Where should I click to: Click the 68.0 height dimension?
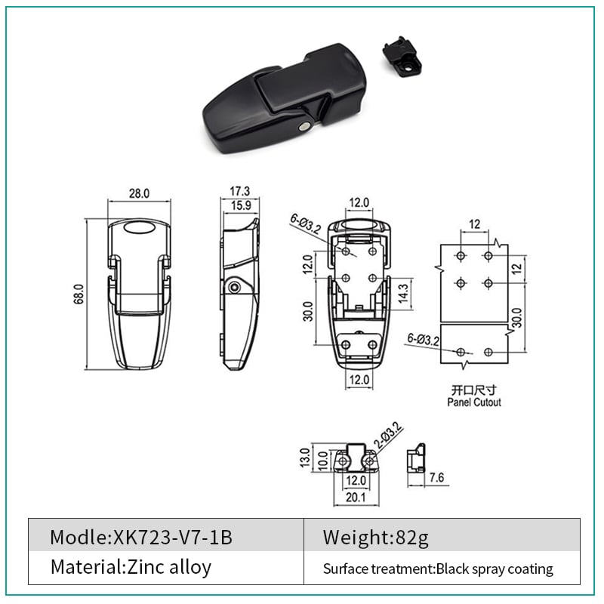[x=79, y=294]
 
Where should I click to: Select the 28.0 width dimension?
[x=139, y=193]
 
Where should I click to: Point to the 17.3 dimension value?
[x=239, y=191]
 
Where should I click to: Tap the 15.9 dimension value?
[x=241, y=205]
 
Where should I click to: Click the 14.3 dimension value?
[x=403, y=293]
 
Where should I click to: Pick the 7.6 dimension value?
[x=436, y=478]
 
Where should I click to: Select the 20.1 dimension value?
[x=356, y=498]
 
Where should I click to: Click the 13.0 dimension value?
[x=305, y=458]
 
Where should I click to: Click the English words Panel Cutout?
[x=474, y=402]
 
